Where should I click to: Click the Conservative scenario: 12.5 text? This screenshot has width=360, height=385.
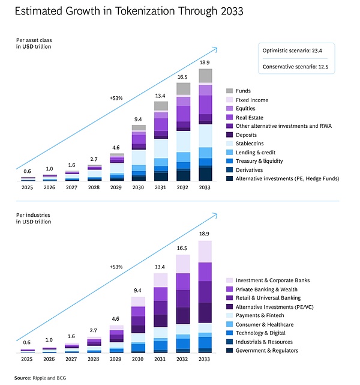click(295, 67)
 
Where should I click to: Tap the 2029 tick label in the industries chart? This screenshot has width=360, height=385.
click(117, 360)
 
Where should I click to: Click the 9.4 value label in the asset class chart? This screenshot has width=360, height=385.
click(139, 119)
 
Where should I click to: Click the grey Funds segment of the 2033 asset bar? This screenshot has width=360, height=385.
click(206, 76)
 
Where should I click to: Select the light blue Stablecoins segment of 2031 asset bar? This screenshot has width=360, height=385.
click(161, 148)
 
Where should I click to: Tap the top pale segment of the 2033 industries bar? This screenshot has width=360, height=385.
click(206, 251)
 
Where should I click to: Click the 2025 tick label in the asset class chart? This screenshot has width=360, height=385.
click(26, 187)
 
